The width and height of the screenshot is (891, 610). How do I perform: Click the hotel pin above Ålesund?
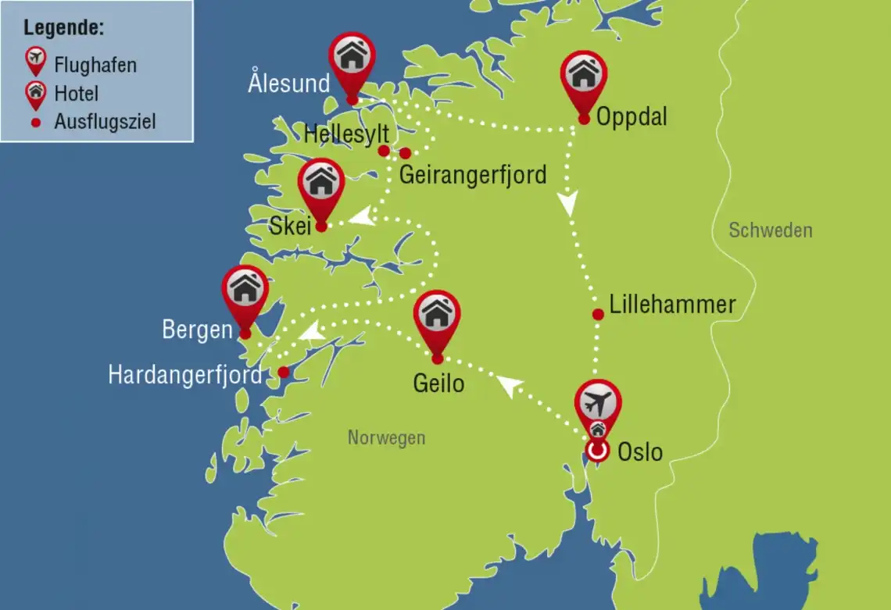(352, 56)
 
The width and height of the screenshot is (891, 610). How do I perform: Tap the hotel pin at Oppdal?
(583, 75)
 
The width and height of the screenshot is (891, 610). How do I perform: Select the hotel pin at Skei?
(320, 183)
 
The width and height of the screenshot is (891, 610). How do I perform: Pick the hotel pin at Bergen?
(245, 289)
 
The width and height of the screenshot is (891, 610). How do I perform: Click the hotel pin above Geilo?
(437, 315)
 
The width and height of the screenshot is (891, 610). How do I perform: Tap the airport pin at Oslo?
(598, 405)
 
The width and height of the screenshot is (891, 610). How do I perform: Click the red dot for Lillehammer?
(598, 315)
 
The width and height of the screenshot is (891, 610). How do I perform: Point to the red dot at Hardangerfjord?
(284, 373)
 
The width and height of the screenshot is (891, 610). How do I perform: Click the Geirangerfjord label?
(472, 174)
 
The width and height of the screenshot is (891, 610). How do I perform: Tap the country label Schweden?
(770, 230)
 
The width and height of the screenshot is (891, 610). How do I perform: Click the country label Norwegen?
(386, 437)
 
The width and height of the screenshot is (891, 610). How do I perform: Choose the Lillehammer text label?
(672, 305)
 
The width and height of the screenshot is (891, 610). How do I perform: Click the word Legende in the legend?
(64, 28)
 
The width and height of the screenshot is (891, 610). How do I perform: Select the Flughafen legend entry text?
(95, 64)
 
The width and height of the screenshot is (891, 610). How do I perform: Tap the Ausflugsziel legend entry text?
(105, 122)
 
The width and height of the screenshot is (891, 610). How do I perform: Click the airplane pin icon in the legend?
(35, 60)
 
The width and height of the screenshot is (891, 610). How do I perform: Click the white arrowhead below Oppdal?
(567, 205)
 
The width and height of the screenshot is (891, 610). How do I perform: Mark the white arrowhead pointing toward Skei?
(360, 218)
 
